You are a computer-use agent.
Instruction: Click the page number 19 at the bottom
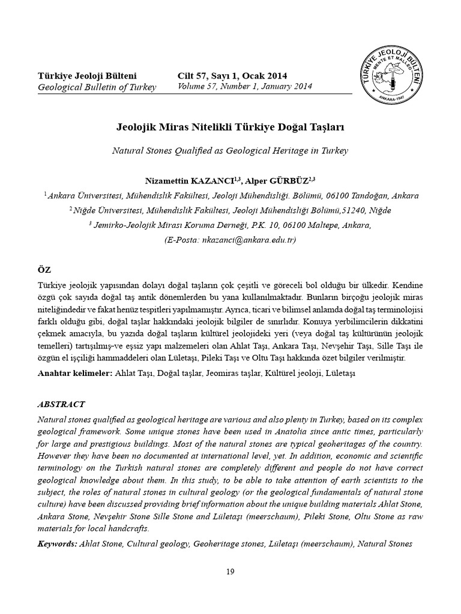[230, 571]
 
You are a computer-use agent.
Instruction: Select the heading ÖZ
[45, 270]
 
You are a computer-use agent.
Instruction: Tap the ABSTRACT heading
[61, 404]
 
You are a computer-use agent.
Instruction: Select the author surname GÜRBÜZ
[290, 180]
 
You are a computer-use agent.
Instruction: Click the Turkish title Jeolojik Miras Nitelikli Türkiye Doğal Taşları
[230, 128]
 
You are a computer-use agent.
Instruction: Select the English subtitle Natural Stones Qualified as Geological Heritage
[230, 151]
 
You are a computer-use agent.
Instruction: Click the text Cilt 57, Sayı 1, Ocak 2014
[232, 76]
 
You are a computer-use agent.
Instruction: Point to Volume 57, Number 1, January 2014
[244, 87]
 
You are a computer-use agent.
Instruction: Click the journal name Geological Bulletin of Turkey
[97, 88]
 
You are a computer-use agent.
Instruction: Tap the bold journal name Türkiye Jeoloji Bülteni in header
[87, 76]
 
